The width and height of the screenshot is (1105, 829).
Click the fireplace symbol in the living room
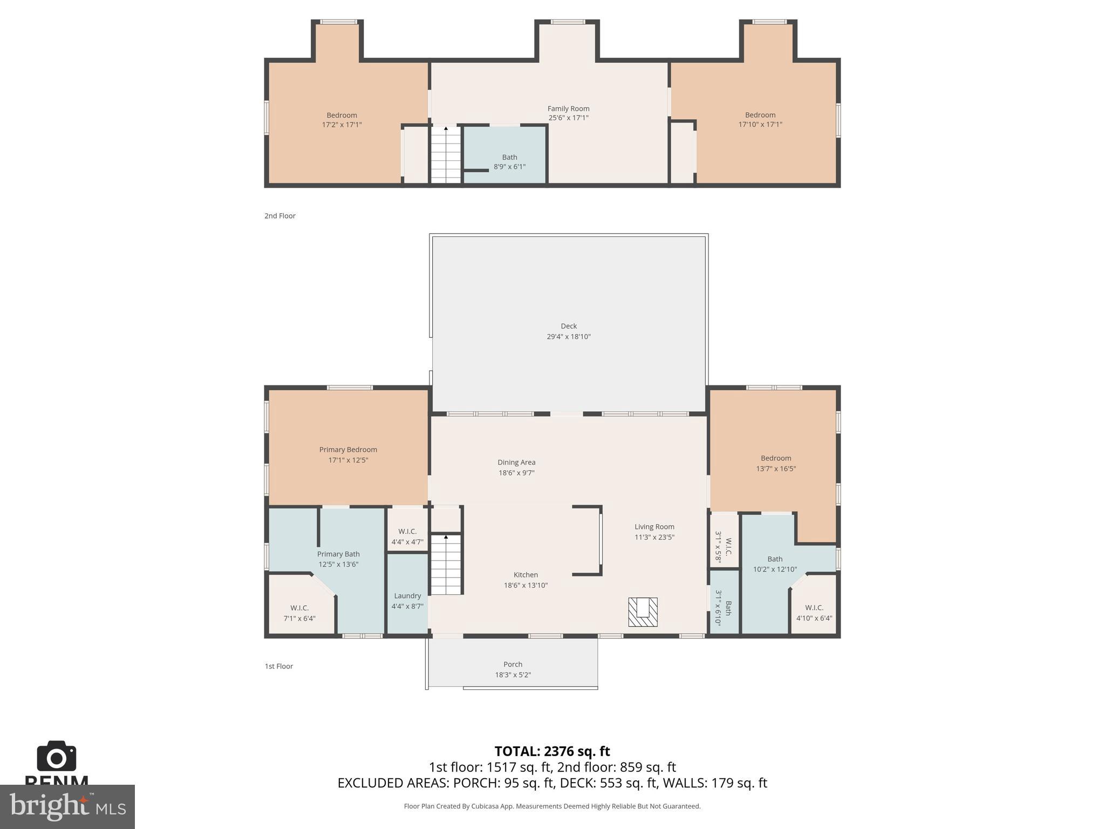coord(643,611)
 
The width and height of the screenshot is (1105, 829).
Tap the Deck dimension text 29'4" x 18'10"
coord(569,336)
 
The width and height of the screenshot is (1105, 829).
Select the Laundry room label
coord(407,596)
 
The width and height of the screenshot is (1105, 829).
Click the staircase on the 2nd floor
coord(446,155)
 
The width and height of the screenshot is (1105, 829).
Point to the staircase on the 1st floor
coord(446,565)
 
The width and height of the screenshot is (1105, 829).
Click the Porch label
coord(513,664)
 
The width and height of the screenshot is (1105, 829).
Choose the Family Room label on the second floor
coord(568,108)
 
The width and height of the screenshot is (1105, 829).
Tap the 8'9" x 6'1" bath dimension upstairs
coord(509,167)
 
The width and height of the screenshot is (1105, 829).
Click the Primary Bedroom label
coord(348,450)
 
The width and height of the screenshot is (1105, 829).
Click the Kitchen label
coord(526,575)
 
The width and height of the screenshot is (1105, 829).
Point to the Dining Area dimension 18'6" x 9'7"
coord(516,473)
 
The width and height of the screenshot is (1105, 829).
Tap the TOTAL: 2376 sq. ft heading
coord(552,751)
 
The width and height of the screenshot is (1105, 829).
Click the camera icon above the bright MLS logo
coord(57,756)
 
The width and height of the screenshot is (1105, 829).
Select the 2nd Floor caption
coord(280,216)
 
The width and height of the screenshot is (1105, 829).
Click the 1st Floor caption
coord(279,666)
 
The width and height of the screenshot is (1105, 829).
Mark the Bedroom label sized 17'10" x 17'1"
coord(760,115)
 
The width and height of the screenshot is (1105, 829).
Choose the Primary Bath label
coord(338,554)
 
